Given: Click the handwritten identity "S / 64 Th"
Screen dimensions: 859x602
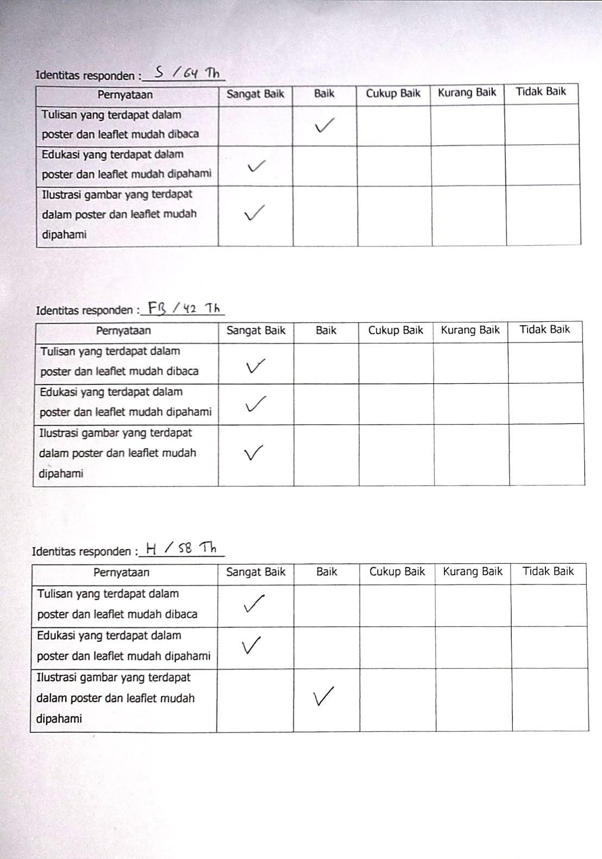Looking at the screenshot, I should coord(187,73).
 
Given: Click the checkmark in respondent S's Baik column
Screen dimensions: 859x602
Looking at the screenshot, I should coord(324,126).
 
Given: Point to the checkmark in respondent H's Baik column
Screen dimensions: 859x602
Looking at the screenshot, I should coord(323,696).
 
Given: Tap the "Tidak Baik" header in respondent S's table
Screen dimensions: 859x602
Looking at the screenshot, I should coord(541,92).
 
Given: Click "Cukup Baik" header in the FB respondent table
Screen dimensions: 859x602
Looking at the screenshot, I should coord(396,331).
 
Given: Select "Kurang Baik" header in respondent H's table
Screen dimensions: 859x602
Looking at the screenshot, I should coord(472,572).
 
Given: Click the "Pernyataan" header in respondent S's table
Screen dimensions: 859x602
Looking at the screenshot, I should coord(125,95).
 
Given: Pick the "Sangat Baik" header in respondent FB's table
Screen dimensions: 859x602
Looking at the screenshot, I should coord(255,331).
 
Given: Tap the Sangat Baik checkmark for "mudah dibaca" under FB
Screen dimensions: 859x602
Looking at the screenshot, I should coord(255,366).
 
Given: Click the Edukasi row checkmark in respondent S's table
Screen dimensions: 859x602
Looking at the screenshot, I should coord(256,166).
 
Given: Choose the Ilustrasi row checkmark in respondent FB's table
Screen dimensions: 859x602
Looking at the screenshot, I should coord(254,452).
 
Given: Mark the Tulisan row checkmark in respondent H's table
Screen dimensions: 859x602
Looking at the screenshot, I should coord(254,603).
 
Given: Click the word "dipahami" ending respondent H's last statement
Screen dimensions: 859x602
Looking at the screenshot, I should coord(59,719).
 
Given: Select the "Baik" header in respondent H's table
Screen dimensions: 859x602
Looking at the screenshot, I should coord(327,572).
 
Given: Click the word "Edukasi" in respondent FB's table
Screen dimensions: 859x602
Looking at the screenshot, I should coord(57,392).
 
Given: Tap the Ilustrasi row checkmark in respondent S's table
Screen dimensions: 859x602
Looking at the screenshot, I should coord(254,213).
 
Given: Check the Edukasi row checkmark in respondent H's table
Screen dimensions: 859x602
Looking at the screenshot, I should coord(251,645).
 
